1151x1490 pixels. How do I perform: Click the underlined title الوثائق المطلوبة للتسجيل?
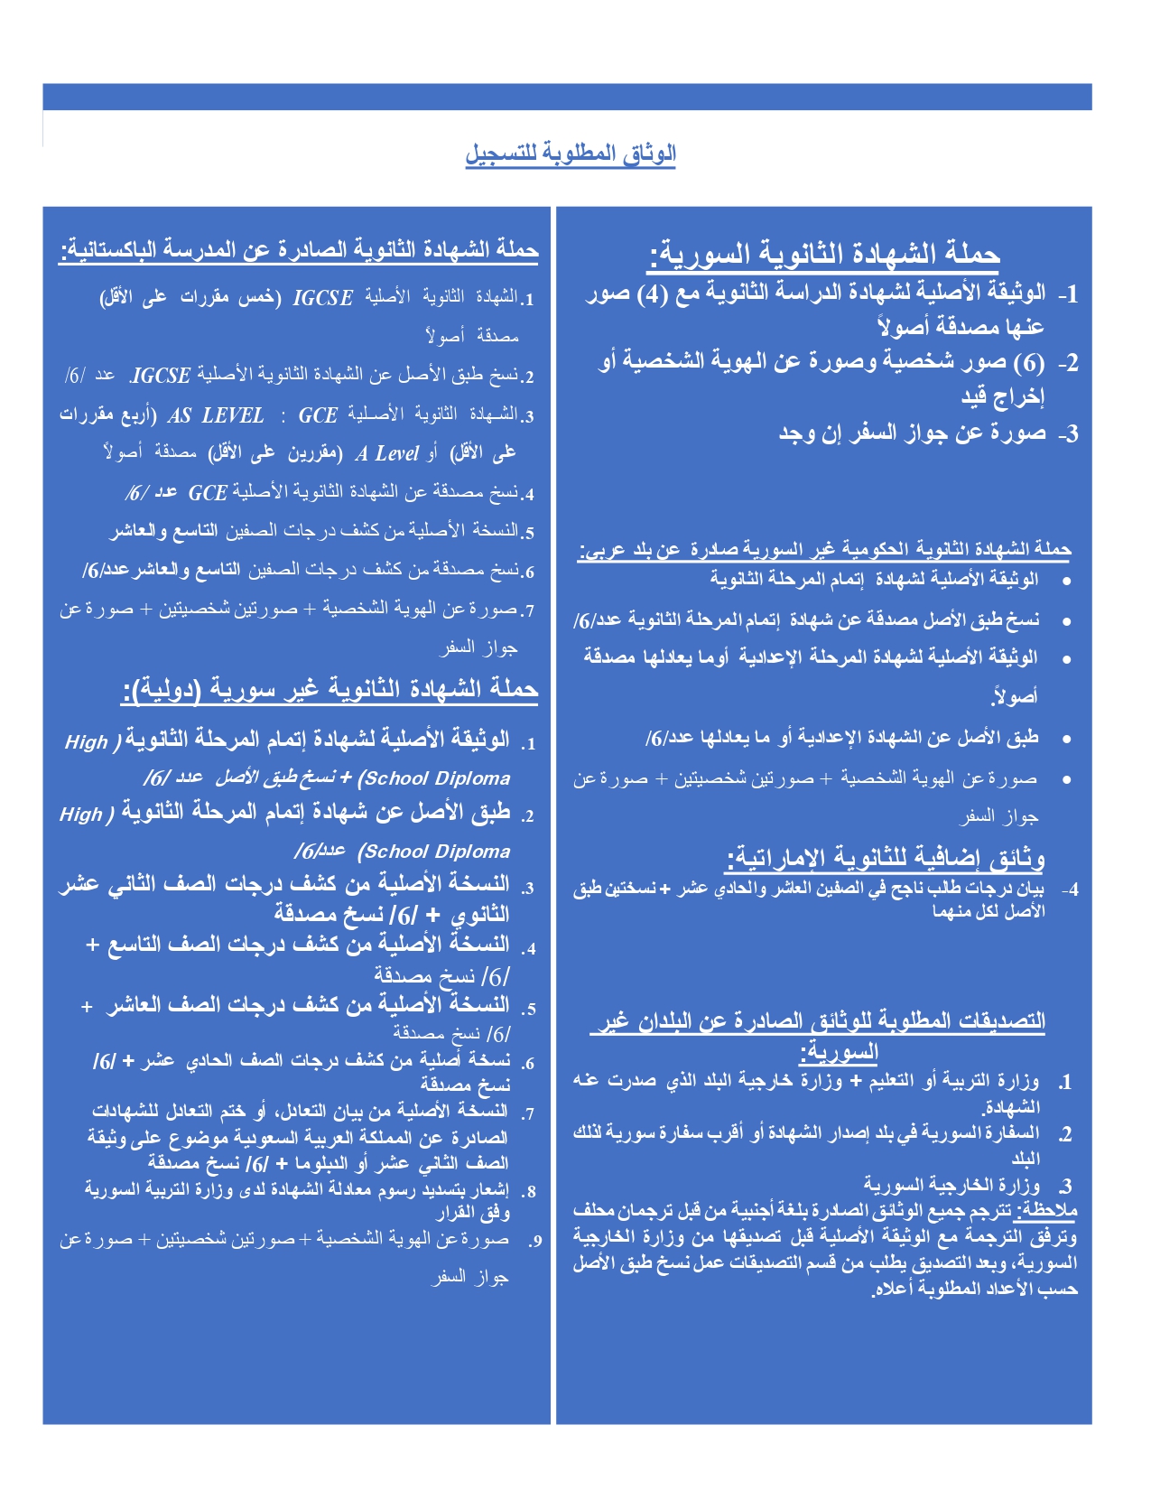[571, 154]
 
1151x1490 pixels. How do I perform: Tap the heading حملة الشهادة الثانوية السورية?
[824, 254]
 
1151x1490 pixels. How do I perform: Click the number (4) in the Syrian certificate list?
[652, 293]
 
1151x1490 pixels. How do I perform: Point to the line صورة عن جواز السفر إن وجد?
[912, 433]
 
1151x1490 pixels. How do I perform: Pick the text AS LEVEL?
[216, 416]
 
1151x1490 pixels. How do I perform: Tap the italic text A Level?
[387, 454]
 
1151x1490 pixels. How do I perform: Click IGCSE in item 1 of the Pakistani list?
[322, 298]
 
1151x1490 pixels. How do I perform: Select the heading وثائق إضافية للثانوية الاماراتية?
[886, 857]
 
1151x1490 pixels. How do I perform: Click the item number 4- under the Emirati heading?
[1070, 890]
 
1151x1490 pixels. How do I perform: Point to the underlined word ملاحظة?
[1047, 1211]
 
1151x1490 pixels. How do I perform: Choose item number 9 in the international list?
[535, 1241]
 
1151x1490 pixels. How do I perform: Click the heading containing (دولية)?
[330, 690]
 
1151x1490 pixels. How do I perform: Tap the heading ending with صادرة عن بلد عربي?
[824, 549]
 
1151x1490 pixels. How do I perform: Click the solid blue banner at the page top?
[567, 97]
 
